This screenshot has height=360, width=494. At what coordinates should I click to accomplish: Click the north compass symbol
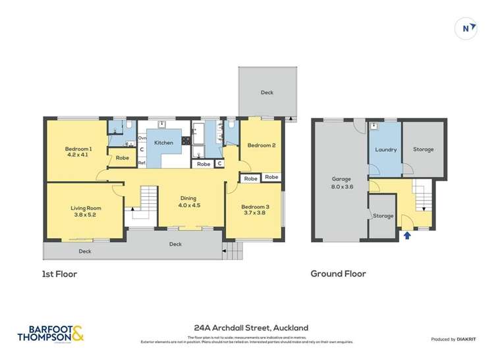[x=466, y=28]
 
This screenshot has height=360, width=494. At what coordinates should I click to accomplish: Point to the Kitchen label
[x=163, y=143]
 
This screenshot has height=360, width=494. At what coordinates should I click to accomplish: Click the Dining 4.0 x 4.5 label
[x=188, y=201]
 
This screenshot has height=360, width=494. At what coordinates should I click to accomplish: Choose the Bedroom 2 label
[x=261, y=145]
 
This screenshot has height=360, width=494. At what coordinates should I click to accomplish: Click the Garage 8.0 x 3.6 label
[x=341, y=182]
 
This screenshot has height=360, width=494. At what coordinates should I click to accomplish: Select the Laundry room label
[x=385, y=149]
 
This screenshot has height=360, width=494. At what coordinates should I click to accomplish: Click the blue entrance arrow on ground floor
[x=407, y=234]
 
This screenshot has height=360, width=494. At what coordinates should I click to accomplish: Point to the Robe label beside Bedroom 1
[x=123, y=158]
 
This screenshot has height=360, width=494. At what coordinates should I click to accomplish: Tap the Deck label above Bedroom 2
[x=267, y=93]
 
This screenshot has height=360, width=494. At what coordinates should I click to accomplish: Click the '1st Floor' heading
[x=60, y=274]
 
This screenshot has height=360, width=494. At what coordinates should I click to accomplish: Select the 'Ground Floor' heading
[x=338, y=274]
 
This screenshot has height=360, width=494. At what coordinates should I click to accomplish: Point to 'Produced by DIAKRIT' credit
[x=453, y=339]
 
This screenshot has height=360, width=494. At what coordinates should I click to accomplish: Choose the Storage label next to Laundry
[x=424, y=149]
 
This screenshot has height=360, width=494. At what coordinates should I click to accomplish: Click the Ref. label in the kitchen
[x=142, y=163]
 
